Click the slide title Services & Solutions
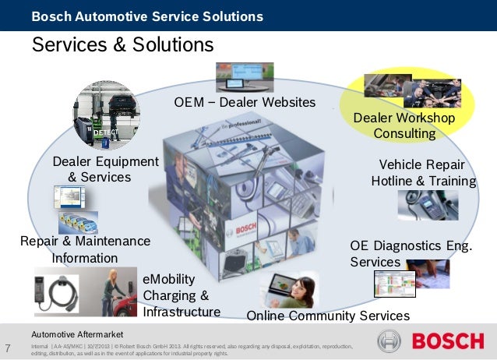pyautogui.click(x=122, y=45)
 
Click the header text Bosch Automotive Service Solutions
pyautogui.click(x=146, y=16)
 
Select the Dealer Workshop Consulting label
pyautogui.click(x=404, y=125)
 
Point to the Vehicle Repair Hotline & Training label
pyautogui.click(x=423, y=173)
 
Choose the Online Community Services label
pyautogui.click(x=327, y=316)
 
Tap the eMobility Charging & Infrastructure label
pyautogui.click(x=181, y=295)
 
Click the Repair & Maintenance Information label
pyautogui.click(x=85, y=250)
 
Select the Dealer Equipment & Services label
pyautogui.click(x=105, y=169)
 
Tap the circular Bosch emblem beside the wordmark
pyautogui.click(x=389, y=341)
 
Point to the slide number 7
pyautogui.click(x=8, y=348)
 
